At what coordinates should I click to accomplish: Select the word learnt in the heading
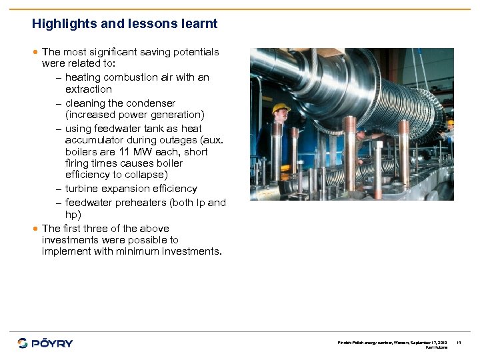pos(198,24)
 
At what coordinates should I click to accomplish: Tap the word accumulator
pos(94,140)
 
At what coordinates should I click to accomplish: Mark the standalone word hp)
pos(73,215)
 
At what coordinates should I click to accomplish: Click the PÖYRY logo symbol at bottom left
pos(23,343)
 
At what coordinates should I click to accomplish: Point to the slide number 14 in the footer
pos(459,343)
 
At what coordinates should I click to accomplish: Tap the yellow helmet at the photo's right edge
pos(451,122)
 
